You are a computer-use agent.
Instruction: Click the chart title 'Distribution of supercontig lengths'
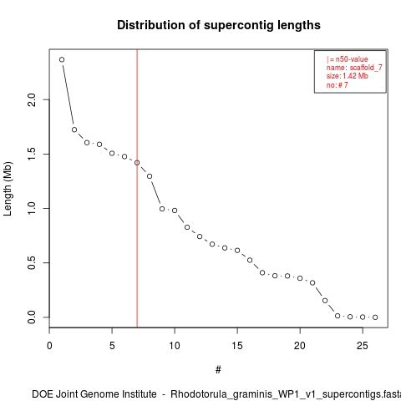pyautogui.click(x=219, y=25)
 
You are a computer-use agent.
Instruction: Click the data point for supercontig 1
pyautogui.click(x=62, y=59)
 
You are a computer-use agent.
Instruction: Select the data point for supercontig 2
pyautogui.click(x=74, y=129)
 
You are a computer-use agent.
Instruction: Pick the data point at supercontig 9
pyautogui.click(x=162, y=209)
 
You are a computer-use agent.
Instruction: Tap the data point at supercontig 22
pyautogui.click(x=325, y=301)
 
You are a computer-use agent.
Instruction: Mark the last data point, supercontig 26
pyautogui.click(x=375, y=317)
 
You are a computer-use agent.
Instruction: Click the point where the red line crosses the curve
pyautogui.click(x=137, y=163)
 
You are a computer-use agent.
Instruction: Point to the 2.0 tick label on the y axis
pyautogui.click(x=32, y=99)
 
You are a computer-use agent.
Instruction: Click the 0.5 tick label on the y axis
pyautogui.click(x=32, y=262)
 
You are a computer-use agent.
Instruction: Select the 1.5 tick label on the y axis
pyautogui.click(x=32, y=154)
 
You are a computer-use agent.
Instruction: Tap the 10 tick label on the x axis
pyautogui.click(x=175, y=346)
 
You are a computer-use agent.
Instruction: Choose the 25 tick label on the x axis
pyautogui.click(x=363, y=346)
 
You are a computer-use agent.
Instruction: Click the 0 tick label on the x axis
pyautogui.click(x=49, y=346)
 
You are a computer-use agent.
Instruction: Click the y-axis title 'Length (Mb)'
pyautogui.click(x=8, y=189)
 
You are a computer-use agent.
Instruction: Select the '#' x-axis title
pyautogui.click(x=218, y=370)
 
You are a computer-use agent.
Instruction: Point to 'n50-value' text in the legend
pyautogui.click(x=352, y=59)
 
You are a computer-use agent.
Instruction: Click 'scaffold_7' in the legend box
pyautogui.click(x=366, y=68)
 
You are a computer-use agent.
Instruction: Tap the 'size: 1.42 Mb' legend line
pyautogui.click(x=348, y=76)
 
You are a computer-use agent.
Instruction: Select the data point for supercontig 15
pyautogui.click(x=237, y=251)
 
